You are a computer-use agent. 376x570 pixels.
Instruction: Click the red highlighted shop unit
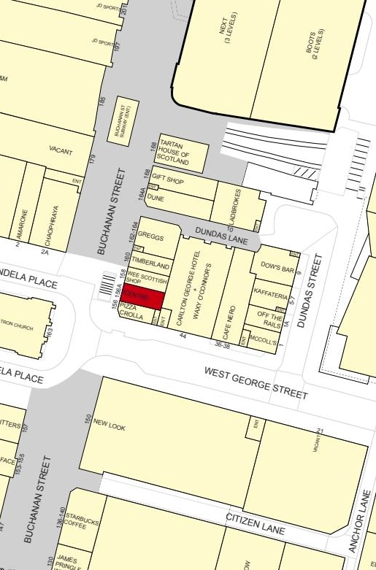click(x=141, y=298)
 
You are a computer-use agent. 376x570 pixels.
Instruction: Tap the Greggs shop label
click(x=150, y=237)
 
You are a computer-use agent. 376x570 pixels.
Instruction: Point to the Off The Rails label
click(x=269, y=318)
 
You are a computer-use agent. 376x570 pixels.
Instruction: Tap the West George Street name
click(x=256, y=382)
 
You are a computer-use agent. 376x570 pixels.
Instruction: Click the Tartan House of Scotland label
click(x=174, y=153)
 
